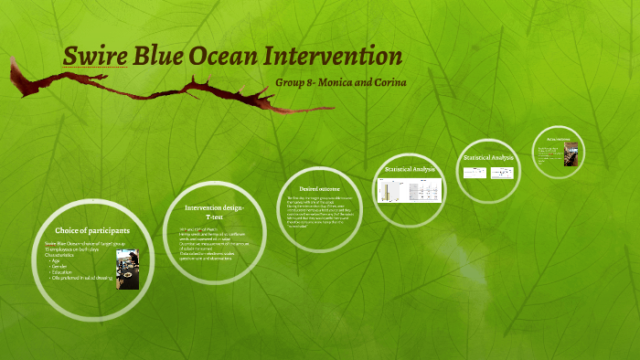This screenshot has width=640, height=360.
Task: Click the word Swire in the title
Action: click(93, 57)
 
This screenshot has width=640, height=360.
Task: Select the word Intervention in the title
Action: click(333, 57)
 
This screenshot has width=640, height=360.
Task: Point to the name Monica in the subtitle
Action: click(344, 83)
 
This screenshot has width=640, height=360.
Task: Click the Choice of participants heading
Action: click(92, 230)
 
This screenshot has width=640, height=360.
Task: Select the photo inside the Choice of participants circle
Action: click(128, 269)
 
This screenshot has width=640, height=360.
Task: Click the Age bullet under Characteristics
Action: click(58, 259)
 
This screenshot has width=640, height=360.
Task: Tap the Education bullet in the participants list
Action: click(63, 271)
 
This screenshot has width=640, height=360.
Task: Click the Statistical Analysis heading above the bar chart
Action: click(410, 170)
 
